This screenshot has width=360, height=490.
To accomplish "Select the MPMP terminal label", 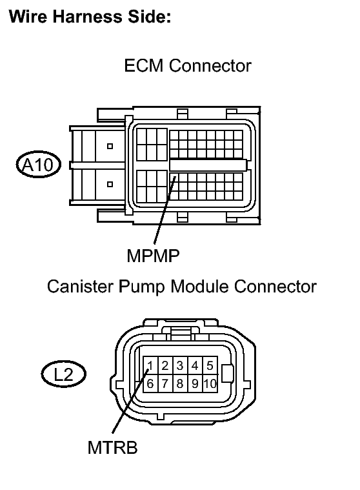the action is point(153,256).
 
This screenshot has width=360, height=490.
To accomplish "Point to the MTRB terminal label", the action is point(112,447).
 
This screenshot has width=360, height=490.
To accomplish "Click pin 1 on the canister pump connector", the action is point(150,365).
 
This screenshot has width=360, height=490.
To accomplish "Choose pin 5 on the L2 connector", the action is point(210,365).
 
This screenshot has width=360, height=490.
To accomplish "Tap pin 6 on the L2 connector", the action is point(150,383).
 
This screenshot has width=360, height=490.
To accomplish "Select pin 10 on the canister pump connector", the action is point(210,383).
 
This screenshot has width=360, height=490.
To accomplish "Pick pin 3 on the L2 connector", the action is point(180,365).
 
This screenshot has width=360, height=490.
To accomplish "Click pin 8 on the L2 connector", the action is point(180,383).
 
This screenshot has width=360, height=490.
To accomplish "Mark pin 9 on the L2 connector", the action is point(195,383).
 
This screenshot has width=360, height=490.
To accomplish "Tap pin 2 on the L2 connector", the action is point(165,365).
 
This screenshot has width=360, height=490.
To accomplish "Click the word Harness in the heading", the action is point(88,17).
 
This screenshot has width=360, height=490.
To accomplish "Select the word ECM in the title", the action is point(144,66).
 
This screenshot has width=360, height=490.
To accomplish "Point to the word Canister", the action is point(80,286).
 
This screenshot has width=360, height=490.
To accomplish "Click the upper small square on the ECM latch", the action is point(110,146).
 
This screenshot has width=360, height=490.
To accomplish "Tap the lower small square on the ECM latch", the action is point(110,184).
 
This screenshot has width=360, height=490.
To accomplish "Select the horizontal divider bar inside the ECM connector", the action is point(208,165).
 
